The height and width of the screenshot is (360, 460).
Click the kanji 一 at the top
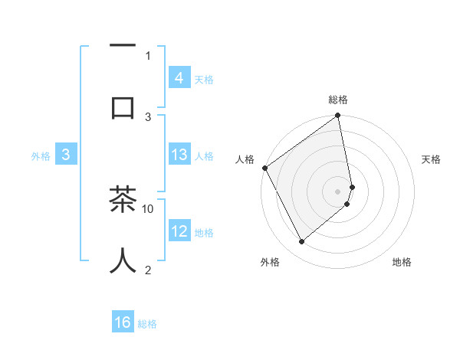pyautogui.click(x=123, y=45)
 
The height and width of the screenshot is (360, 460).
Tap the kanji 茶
pyautogui.click(x=123, y=200)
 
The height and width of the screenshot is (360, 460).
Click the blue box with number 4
pyautogui.click(x=179, y=77)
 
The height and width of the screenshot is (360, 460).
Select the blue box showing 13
pyautogui.click(x=179, y=155)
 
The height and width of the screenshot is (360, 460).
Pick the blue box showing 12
pyautogui.click(x=179, y=231)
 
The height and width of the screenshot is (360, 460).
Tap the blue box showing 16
pyautogui.click(x=123, y=322)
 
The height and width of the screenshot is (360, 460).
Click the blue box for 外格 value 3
pyautogui.click(x=66, y=155)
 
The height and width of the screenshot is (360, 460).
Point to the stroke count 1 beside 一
pyautogui.click(x=148, y=55)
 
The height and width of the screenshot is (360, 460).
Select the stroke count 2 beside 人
pyautogui.click(x=148, y=269)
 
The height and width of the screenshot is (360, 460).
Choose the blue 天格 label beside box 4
pyautogui.click(x=204, y=79)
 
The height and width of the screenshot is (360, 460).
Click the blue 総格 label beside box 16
pyautogui.click(x=147, y=324)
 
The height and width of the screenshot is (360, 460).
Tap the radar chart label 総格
pyautogui.click(x=338, y=100)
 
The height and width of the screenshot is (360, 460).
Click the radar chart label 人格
pyautogui.click(x=245, y=159)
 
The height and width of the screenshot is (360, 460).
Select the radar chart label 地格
pyautogui.click(x=402, y=262)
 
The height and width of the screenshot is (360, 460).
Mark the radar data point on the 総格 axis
pyautogui.click(x=338, y=116)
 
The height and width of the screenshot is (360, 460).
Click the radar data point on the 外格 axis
pyautogui.click(x=302, y=241)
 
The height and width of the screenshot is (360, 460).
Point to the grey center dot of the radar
pyautogui.click(x=338, y=191)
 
